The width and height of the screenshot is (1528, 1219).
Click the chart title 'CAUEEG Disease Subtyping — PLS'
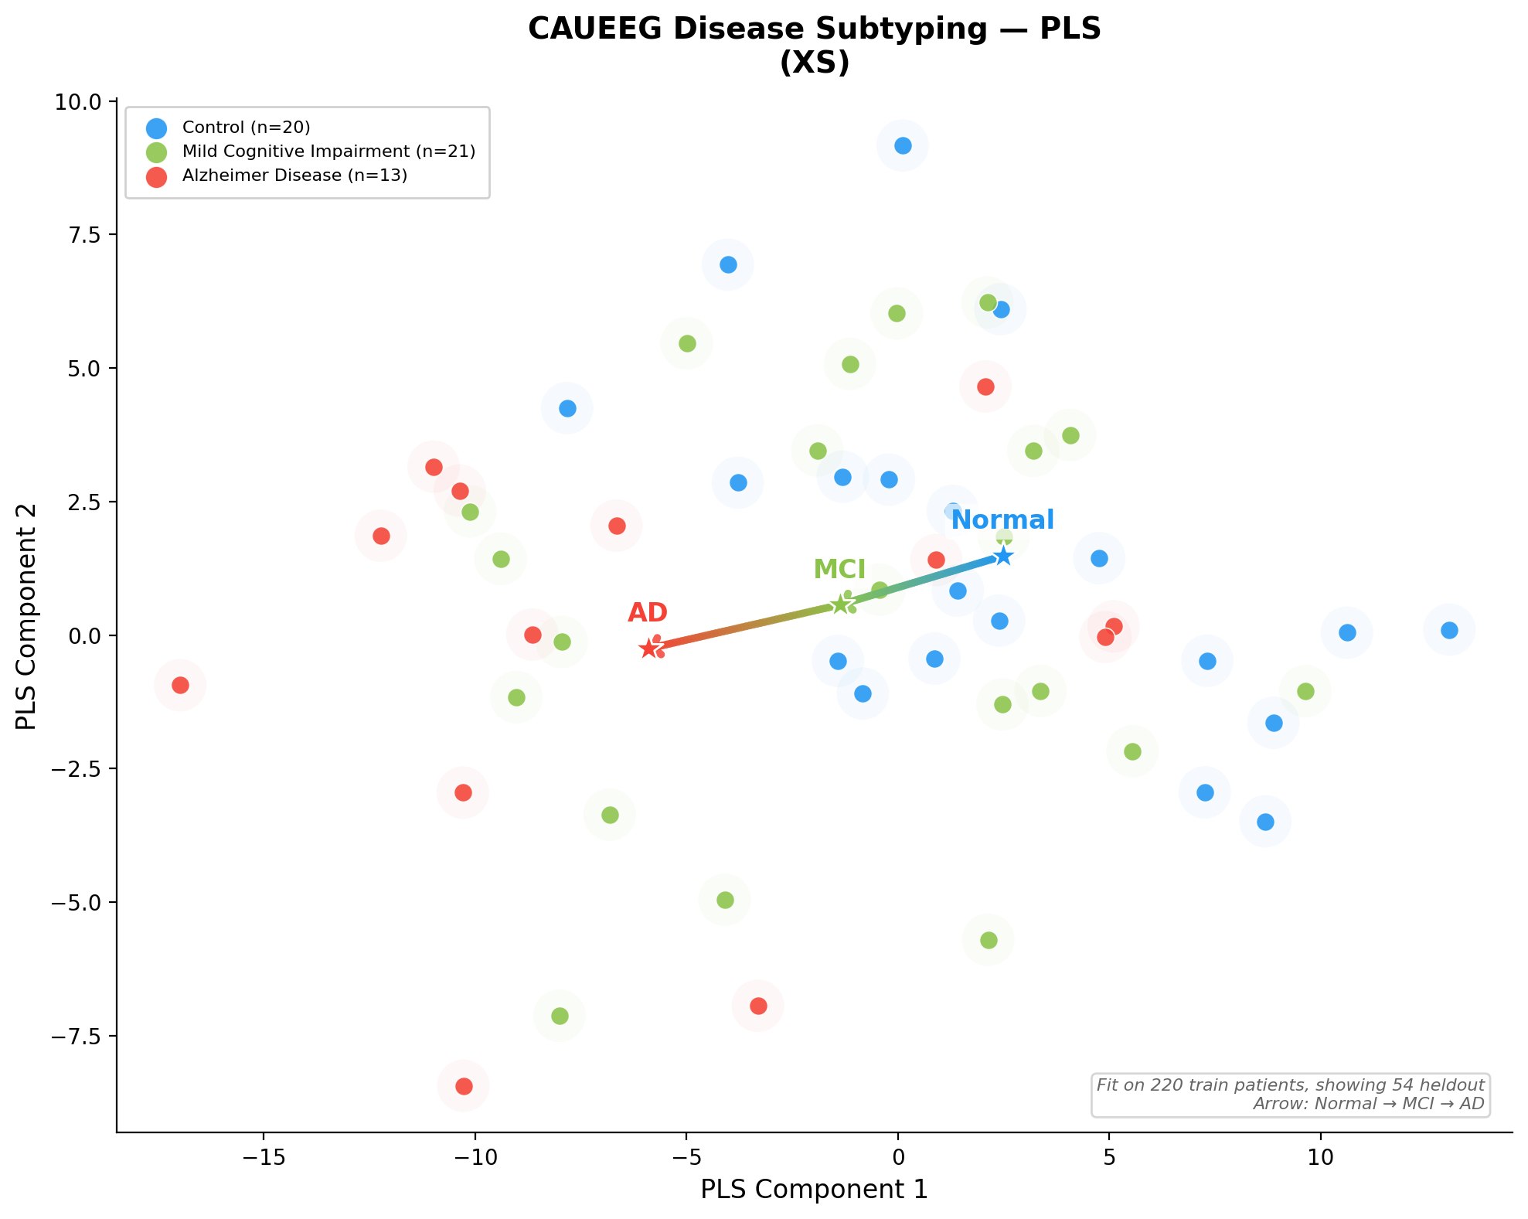[814, 29]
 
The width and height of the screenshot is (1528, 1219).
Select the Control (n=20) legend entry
[246, 128]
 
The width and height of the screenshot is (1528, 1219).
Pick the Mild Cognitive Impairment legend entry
[328, 152]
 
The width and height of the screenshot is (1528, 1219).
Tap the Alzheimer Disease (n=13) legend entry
[294, 175]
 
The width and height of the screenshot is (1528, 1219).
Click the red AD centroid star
[648, 649]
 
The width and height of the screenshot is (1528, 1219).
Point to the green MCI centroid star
[840, 604]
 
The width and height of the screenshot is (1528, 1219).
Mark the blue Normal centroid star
[1002, 556]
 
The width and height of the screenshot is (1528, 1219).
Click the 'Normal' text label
[1002, 520]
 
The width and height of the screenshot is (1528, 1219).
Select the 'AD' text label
[647, 613]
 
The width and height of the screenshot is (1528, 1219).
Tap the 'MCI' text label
[839, 570]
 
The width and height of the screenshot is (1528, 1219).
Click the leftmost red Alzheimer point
[180, 685]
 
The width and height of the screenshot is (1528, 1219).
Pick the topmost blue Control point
[903, 146]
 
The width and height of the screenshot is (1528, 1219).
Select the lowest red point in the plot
[464, 1086]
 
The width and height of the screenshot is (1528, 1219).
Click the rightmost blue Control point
[1449, 631]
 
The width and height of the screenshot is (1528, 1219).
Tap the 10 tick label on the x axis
[1320, 1158]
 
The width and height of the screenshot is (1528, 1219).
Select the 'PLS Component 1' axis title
[814, 1190]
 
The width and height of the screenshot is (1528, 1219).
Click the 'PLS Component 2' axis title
[27, 616]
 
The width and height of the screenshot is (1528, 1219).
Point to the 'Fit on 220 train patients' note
[1290, 1085]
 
